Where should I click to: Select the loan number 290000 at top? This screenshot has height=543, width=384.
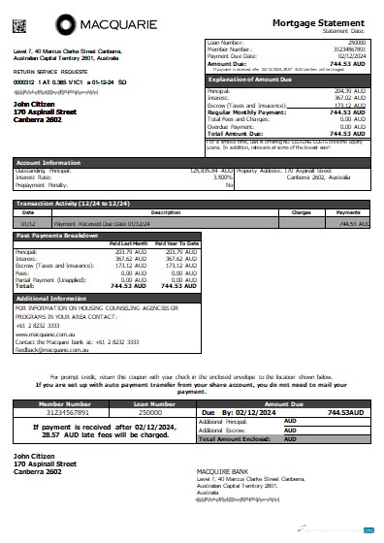[x=356, y=43]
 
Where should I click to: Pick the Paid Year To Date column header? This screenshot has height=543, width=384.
[x=176, y=242]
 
